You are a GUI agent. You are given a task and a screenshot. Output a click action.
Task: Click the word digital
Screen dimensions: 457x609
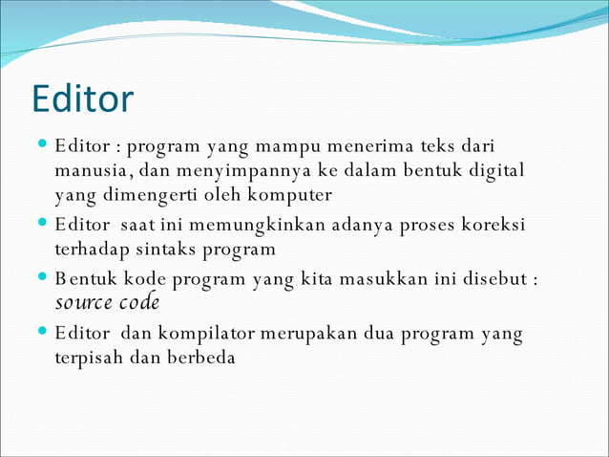(x=498, y=171)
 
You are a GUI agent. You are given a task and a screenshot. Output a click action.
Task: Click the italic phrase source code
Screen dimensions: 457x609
(x=107, y=303)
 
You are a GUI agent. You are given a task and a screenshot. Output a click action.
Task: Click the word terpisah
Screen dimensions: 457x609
(x=89, y=359)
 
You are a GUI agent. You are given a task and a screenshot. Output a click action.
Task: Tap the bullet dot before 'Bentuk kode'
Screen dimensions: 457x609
(x=44, y=277)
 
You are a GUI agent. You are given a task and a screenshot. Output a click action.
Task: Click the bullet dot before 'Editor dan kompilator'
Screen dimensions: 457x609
(x=44, y=332)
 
